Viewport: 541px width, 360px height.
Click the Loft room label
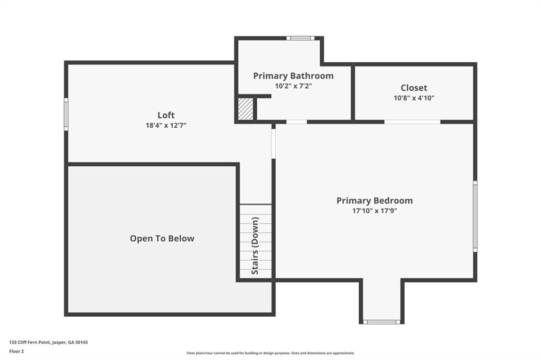point(166,115)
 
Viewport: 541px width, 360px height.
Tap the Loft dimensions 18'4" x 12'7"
point(166,126)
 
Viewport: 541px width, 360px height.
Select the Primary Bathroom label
point(293,76)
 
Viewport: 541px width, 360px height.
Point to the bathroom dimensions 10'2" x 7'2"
point(293,86)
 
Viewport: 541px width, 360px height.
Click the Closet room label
point(414,88)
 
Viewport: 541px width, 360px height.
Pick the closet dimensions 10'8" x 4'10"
point(414,98)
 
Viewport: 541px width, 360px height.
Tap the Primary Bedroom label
point(375,201)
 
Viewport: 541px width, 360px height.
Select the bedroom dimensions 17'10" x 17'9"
point(375,211)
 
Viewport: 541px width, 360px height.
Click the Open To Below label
point(162,239)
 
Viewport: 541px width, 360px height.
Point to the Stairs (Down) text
point(255,245)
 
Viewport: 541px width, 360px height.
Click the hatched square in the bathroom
point(246,109)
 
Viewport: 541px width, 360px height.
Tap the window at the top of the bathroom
point(301,38)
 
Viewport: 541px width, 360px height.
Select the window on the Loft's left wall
point(66,114)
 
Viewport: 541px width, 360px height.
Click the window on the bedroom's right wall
point(475,216)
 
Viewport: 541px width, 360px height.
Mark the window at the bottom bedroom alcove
point(381,321)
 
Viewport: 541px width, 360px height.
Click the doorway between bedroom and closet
point(412,122)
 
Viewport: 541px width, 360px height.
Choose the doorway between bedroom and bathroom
point(296,122)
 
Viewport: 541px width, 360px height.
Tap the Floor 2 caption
point(17,351)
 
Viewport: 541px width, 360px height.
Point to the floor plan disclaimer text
point(270,353)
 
